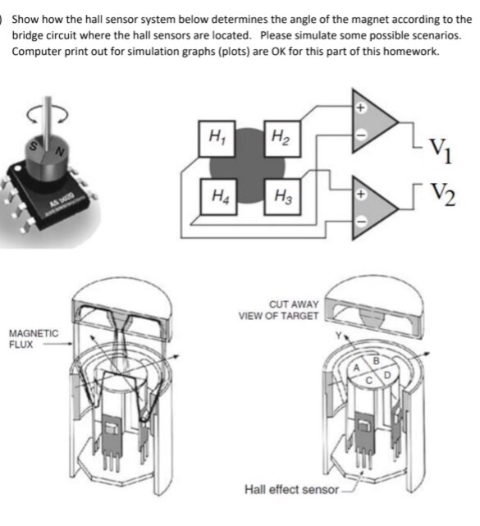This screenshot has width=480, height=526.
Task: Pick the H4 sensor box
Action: [x=217, y=196]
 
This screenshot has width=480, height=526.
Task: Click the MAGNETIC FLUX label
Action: [x=34, y=339]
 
